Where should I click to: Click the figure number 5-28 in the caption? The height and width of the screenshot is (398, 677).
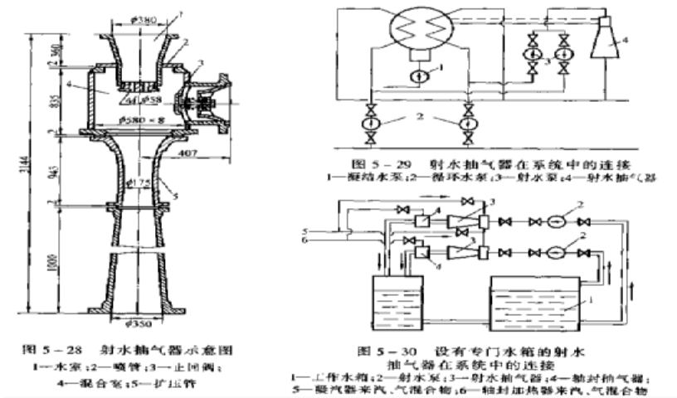72,339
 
